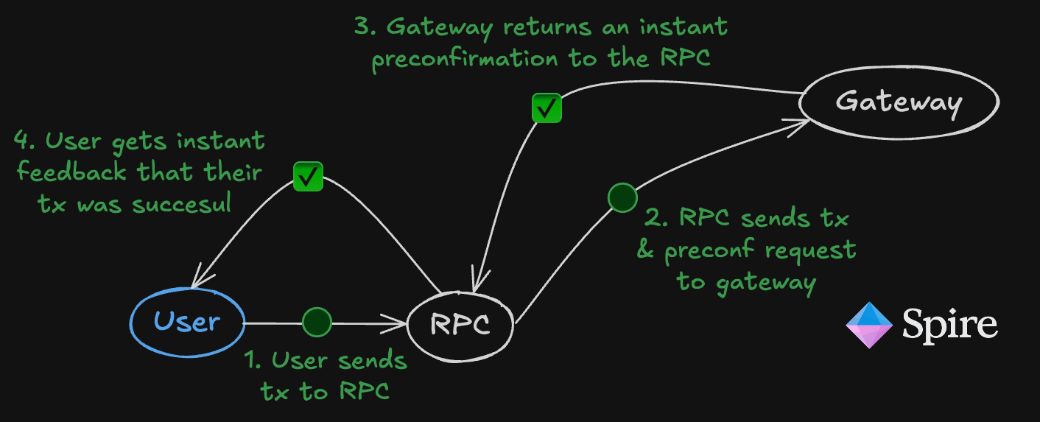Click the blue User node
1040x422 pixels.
point(187,322)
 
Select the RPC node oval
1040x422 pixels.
point(460,324)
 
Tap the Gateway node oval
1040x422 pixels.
point(899,102)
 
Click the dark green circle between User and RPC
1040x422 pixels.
point(317,322)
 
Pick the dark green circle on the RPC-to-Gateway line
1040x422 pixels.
point(622,197)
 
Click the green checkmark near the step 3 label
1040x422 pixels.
point(547,108)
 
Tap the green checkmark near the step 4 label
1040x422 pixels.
point(308,176)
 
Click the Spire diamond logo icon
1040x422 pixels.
point(869,324)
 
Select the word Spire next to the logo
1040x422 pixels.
point(950,324)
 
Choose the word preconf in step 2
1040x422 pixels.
point(709,251)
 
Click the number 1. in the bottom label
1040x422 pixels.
point(253,361)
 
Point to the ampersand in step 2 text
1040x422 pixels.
point(646,251)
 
